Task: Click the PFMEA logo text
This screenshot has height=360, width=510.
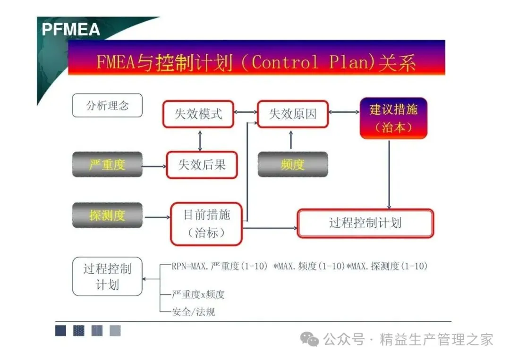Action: [71, 29]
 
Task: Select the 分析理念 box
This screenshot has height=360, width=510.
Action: [107, 105]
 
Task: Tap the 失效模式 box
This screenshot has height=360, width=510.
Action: [198, 114]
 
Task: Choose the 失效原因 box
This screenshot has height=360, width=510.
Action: [292, 114]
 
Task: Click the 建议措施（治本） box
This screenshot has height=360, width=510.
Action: [393, 118]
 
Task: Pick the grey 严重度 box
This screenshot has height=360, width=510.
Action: [107, 165]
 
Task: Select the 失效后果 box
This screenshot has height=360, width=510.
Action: [202, 165]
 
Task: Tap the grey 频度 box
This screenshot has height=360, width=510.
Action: [292, 165]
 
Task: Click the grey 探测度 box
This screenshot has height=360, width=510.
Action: [107, 216]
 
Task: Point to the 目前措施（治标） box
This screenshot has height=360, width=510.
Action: [206, 224]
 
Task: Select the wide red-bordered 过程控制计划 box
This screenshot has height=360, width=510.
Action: [365, 223]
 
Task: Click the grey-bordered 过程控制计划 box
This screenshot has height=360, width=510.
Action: [107, 276]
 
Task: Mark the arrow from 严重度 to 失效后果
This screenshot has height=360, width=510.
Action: [154, 166]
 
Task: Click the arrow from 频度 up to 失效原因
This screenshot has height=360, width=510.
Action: [290, 139]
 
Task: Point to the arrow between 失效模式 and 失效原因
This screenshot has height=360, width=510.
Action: [246, 112]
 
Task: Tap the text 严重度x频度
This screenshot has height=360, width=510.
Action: [198, 295]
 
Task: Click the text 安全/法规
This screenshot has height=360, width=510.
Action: [194, 311]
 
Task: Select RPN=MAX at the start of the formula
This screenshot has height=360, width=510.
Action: [188, 266]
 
